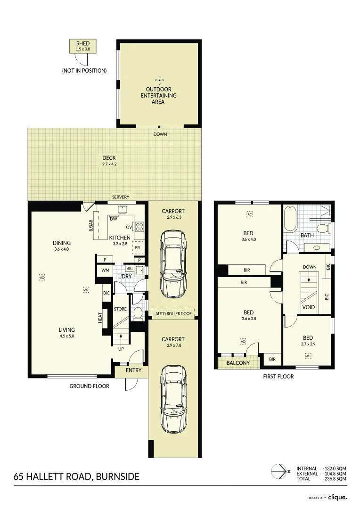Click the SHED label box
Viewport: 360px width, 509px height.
click(x=83, y=46)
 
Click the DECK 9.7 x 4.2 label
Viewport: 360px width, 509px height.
click(x=109, y=161)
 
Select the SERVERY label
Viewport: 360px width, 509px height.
click(x=121, y=197)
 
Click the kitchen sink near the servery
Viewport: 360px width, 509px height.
click(x=123, y=210)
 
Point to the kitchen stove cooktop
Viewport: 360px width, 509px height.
click(x=139, y=226)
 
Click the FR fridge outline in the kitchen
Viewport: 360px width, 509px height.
click(x=138, y=248)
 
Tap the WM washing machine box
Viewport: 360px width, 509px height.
click(x=105, y=271)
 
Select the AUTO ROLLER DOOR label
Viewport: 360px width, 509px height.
click(x=174, y=313)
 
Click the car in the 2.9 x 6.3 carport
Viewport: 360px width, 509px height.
click(x=173, y=263)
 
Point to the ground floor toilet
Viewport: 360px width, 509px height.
click(x=138, y=313)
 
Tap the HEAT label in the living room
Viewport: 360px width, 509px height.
click(x=100, y=318)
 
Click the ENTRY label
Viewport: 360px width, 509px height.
click(x=133, y=370)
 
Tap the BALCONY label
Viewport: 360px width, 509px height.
click(x=238, y=363)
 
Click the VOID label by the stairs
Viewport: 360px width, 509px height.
click(x=308, y=307)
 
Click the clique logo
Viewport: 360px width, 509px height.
click(x=337, y=497)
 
